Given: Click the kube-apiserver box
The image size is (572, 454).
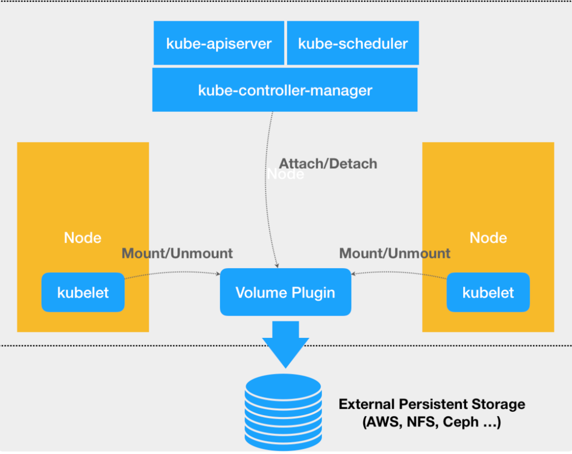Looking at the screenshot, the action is tap(219, 43).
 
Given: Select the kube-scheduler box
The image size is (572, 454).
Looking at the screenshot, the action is tap(353, 43).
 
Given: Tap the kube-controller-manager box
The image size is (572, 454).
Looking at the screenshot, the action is tap(285, 90).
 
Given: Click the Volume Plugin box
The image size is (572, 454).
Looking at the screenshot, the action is tap(285, 292).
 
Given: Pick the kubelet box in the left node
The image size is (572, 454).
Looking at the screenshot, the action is tap(83, 292).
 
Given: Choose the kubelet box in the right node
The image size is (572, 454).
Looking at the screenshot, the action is tap(488, 292).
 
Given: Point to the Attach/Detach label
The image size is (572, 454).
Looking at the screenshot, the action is tap(328, 163).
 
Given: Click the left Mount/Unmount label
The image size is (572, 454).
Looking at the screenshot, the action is tap(177, 253).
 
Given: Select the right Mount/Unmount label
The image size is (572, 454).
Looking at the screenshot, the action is tap(395, 253).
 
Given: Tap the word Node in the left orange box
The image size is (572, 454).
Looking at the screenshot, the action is tap(83, 237).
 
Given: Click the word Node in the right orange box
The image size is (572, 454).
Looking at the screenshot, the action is tap(488, 237).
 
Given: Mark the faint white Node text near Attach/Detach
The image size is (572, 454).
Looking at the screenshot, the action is tap(285, 174).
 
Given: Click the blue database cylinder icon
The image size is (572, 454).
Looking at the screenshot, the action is tap(283, 412).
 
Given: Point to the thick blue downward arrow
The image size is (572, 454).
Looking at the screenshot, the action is tap(286, 345).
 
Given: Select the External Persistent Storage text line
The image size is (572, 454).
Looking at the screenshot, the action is tap(432, 404).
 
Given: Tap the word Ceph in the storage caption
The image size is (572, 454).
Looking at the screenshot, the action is tap(461, 422).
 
